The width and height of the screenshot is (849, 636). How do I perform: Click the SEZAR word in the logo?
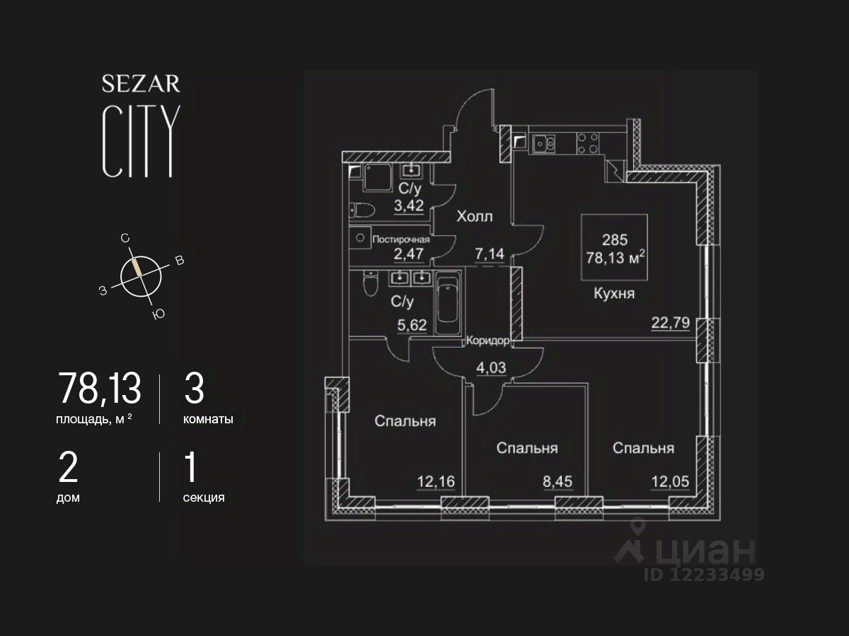click(141, 84)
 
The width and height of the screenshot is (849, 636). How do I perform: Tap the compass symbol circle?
click(141, 276)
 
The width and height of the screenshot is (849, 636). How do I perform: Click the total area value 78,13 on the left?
click(99, 388)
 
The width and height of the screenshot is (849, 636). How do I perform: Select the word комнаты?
click(208, 419)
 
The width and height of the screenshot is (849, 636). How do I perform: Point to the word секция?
click(204, 497)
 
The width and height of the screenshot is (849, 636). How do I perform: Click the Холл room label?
click(474, 216)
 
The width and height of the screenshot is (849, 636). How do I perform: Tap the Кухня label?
click(613, 294)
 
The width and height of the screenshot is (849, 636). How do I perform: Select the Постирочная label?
click(401, 239)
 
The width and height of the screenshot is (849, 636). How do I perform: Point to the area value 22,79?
click(669, 324)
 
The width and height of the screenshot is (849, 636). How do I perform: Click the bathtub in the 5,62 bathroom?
click(446, 304)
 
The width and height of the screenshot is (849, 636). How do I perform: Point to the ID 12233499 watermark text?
click(703, 575)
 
